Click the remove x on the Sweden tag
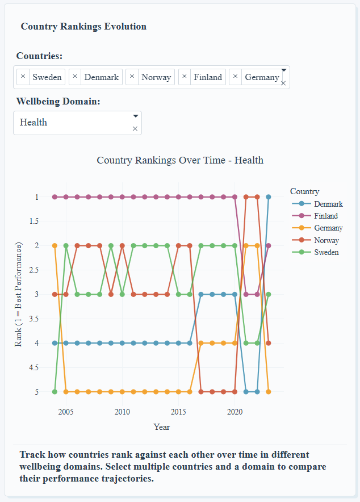[x=23, y=77]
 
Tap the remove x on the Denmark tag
[x=75, y=77]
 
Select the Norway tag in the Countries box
[x=156, y=77]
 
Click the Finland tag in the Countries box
[x=207, y=77]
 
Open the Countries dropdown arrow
[x=283, y=70]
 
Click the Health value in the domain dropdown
[x=34, y=122]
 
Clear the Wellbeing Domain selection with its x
[x=135, y=129]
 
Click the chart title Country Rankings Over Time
[x=179, y=160]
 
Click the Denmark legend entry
[x=328, y=204]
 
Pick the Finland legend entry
[x=325, y=216]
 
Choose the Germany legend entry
[x=328, y=228]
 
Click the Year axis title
[x=161, y=427]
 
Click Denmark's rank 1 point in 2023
[x=269, y=197]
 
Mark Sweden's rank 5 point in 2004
[x=55, y=392]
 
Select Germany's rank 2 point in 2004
[x=55, y=245]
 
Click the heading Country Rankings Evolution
[x=83, y=27]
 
